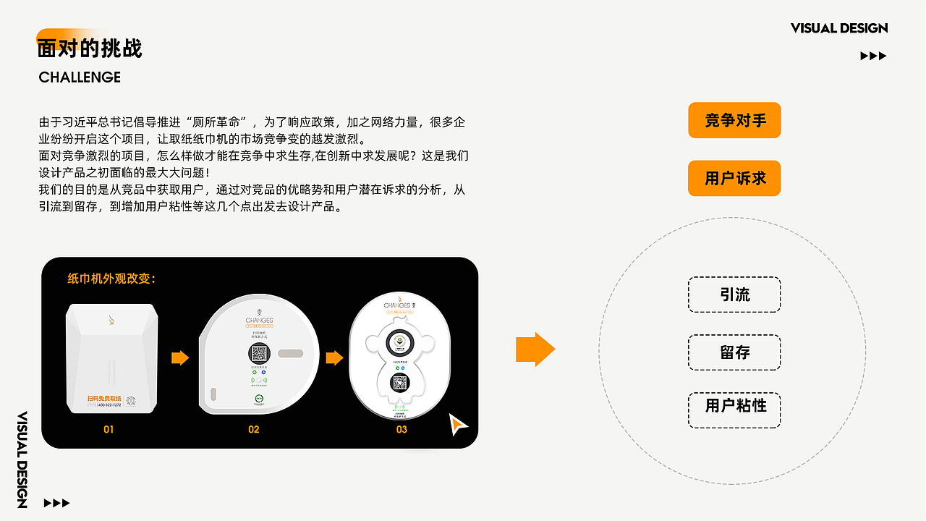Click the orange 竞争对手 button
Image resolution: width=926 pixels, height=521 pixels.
pos(734,120)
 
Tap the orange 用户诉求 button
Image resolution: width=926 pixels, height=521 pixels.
pos(734,178)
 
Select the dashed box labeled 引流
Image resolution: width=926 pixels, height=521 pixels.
pos(734,295)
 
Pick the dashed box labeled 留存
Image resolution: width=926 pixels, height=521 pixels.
pos(734,352)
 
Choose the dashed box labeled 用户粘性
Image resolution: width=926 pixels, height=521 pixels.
pos(734,404)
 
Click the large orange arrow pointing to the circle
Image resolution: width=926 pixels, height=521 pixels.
pos(535,350)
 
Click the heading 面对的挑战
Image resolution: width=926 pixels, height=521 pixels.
pos(90,48)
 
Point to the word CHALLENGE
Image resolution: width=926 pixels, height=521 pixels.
pos(80,77)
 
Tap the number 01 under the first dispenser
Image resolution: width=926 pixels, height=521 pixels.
pos(109,429)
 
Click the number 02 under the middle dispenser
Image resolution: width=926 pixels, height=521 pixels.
pos(253,429)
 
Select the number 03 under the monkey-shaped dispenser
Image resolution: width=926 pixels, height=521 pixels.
pos(402,429)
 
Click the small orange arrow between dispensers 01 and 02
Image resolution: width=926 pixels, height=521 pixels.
pos(179,358)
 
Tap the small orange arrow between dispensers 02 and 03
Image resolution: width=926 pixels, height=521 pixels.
pos(334,358)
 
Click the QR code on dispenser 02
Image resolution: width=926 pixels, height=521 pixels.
pos(259,354)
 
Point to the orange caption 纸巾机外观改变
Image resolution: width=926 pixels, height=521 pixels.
pos(111,279)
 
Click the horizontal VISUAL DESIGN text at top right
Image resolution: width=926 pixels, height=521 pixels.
pos(839,28)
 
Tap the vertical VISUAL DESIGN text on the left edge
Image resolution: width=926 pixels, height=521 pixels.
pos(22,459)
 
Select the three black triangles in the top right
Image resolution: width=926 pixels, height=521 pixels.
pos(873,56)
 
